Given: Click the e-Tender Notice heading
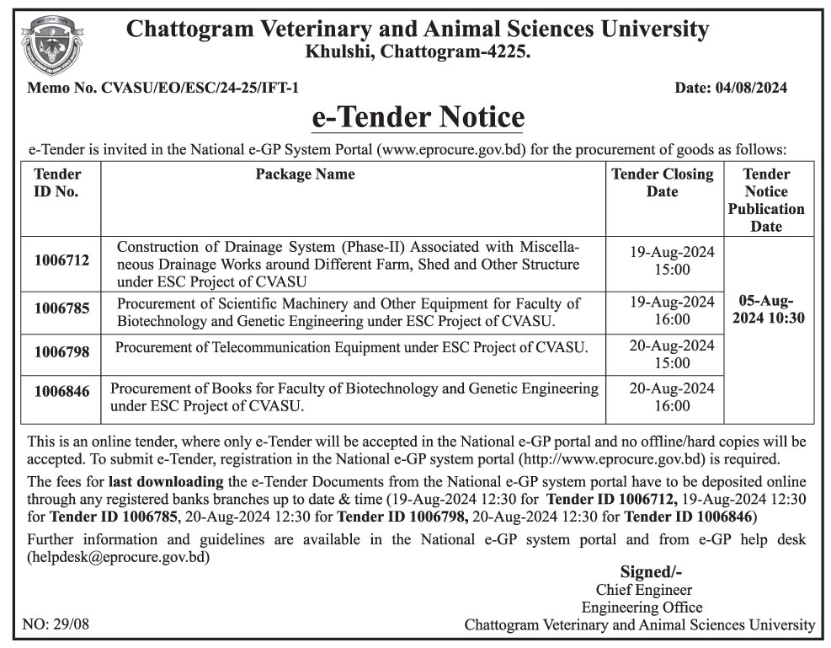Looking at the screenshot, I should (x=418, y=116).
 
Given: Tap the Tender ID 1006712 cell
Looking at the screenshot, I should (x=61, y=262).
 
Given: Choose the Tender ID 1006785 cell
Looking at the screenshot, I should (x=61, y=309).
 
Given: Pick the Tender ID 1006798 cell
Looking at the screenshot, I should (x=61, y=352).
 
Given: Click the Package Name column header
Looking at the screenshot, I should (x=305, y=174).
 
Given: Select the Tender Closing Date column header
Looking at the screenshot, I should (x=662, y=183).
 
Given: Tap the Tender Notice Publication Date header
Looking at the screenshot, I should (x=766, y=201).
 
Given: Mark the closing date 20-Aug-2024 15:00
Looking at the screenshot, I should (x=671, y=354).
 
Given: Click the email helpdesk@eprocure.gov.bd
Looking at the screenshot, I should (x=119, y=556).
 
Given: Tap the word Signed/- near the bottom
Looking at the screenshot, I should (x=651, y=572).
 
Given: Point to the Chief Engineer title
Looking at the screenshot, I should (x=643, y=590).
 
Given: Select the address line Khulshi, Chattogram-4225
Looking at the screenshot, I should (x=418, y=52).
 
